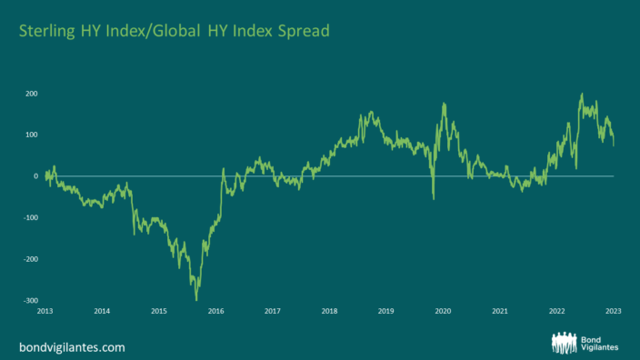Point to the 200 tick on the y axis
31,94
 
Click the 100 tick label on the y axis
31,135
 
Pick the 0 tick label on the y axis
35,176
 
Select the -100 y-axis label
29,218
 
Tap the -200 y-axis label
29,259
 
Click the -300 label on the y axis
29,301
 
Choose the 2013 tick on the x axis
45,311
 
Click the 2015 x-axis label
158,311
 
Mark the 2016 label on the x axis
215,311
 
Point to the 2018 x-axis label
329,311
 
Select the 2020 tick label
443,311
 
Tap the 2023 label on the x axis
613,311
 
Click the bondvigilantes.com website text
72,346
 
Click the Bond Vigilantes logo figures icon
567,343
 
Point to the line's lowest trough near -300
196,299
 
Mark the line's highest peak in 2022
582,94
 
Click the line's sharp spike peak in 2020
444,104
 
